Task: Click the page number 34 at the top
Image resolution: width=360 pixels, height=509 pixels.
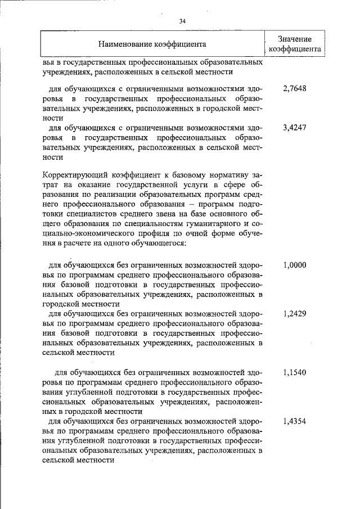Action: click(182, 21)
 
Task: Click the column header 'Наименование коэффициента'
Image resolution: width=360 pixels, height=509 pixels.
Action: click(152, 43)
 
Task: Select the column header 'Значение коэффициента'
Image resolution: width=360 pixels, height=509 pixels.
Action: click(295, 43)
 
